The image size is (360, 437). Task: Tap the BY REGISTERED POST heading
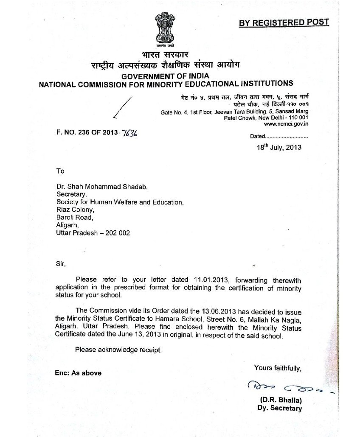[x=284, y=23]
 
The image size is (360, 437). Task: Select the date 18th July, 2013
[x=278, y=147]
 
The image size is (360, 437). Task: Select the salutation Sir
[x=61, y=263]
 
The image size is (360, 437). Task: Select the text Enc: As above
[x=78, y=373]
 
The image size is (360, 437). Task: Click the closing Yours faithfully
[x=278, y=367]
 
